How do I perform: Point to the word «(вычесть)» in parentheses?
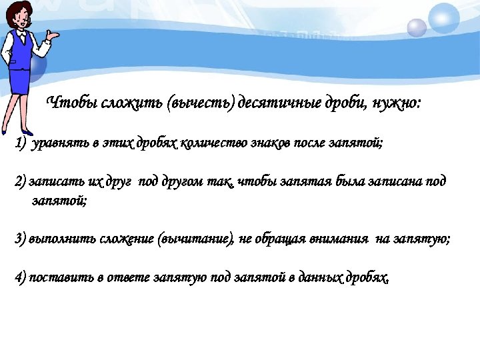(x=199, y=103)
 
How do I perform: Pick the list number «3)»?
(x=20, y=239)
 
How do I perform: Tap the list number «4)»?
(x=20, y=277)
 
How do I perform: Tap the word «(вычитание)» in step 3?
(x=193, y=239)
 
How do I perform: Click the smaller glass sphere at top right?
(x=417, y=27)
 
